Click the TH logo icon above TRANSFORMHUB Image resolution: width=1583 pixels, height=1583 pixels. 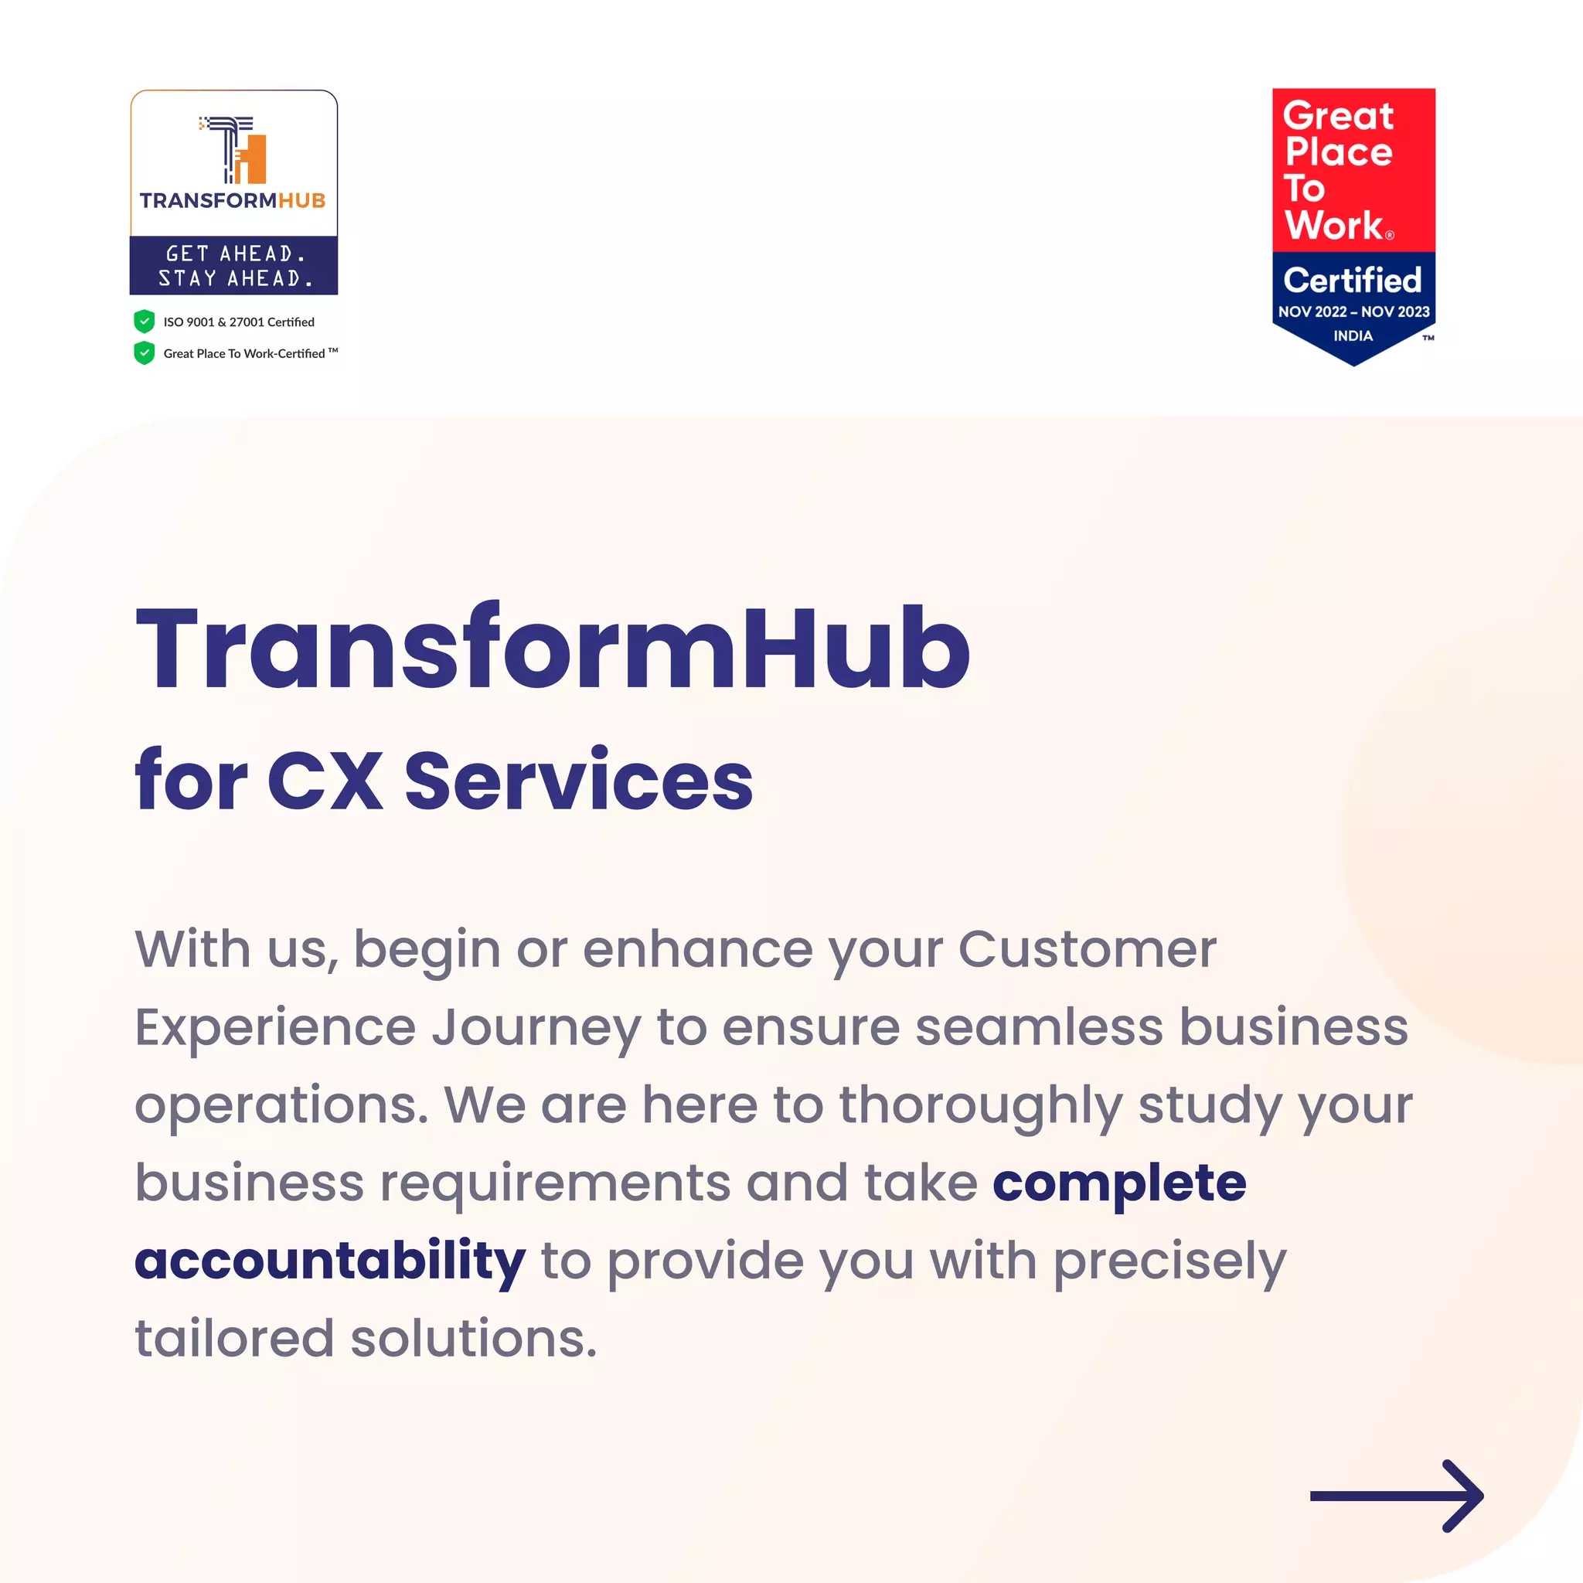(x=233, y=150)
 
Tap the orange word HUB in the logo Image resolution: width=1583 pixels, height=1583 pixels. (x=301, y=201)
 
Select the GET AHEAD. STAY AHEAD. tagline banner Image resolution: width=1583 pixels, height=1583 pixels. (x=234, y=265)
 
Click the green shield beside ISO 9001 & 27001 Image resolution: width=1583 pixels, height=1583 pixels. (x=145, y=322)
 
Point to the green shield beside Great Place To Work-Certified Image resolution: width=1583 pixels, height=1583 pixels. (x=145, y=353)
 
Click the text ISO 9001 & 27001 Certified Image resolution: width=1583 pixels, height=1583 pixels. (x=238, y=322)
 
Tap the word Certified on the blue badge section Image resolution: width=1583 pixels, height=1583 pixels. (x=1352, y=281)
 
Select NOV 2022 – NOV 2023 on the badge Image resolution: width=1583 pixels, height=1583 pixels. (x=1353, y=311)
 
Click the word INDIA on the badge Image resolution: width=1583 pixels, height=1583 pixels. (x=1352, y=336)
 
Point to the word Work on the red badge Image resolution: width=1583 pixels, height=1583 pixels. (x=1334, y=226)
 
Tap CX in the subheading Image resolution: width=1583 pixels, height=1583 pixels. (x=325, y=781)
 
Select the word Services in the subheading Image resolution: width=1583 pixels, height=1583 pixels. (x=578, y=781)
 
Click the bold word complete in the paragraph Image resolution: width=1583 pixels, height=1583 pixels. (x=1119, y=1184)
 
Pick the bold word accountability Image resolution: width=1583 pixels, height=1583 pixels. (x=329, y=1261)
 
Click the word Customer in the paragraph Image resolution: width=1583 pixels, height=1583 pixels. (x=1088, y=950)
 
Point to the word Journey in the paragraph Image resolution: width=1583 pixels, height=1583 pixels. (x=536, y=1028)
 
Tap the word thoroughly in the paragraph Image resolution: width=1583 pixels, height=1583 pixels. (x=981, y=1106)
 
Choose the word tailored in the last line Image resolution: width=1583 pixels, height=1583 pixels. (x=234, y=1339)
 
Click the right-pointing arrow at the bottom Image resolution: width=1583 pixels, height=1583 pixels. (x=1396, y=1496)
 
